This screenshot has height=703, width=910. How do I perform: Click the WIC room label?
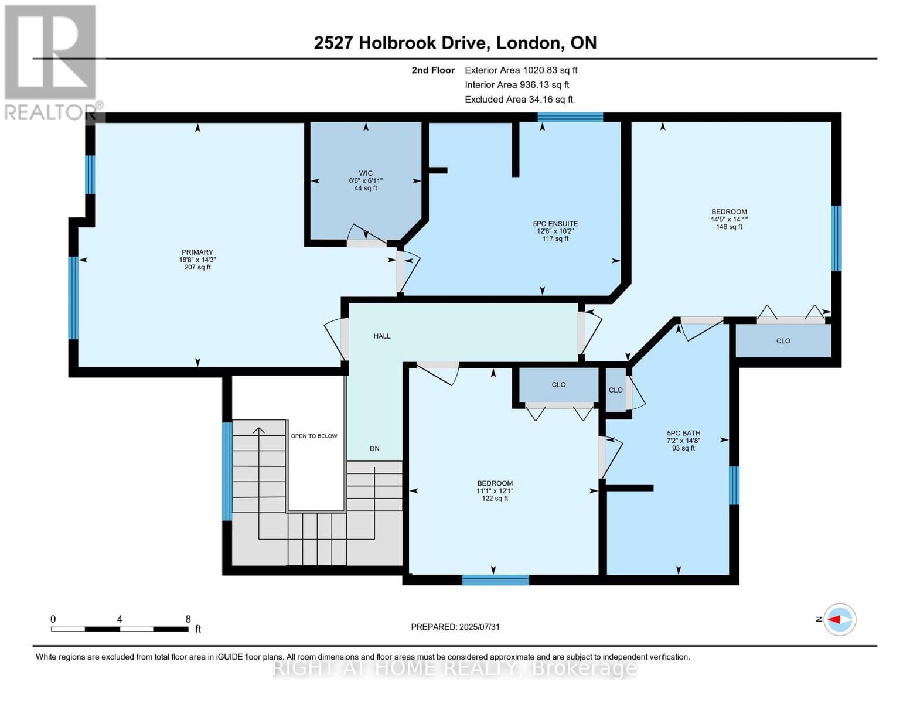coord(366,173)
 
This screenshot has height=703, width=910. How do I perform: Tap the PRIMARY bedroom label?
coord(197,252)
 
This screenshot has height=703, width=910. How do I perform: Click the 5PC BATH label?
coord(683,434)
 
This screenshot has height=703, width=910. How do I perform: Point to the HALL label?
coord(382,336)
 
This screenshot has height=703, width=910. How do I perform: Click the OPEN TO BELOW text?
coord(314,436)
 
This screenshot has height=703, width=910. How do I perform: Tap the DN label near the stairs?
coord(374,449)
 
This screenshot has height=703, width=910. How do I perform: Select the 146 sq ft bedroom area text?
coord(729,227)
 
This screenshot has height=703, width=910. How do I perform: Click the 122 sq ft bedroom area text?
coord(495,499)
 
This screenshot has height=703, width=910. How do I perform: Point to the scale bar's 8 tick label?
coord(188,619)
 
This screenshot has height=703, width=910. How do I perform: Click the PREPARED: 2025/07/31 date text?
coord(455,627)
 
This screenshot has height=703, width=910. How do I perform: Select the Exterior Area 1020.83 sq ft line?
coord(521,70)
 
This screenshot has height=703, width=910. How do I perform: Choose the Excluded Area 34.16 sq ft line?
coord(519,100)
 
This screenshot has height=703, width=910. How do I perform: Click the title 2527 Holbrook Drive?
coord(400,43)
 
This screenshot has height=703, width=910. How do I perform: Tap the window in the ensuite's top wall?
coord(570,117)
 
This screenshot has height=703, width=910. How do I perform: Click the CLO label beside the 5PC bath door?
coord(615,390)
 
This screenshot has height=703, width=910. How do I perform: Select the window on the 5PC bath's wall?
coord(734,485)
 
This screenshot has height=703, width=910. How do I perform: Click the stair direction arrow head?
coord(258,431)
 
